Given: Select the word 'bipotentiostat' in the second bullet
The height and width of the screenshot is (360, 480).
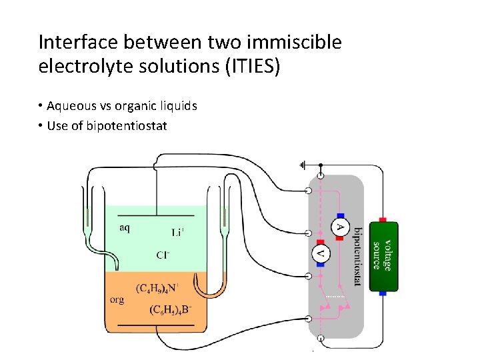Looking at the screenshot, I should tap(127, 125).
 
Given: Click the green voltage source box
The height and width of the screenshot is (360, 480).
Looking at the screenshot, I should tap(383, 256).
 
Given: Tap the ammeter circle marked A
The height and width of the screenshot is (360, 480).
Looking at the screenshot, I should tap(340, 228).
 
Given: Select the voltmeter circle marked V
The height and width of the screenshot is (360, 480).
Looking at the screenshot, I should tap(321, 253).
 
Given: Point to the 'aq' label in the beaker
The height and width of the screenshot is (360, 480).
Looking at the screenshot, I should tap(125, 228).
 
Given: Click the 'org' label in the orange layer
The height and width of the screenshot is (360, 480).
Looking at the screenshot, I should tap(117, 300).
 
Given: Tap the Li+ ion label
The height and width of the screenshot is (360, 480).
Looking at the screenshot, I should tap(178, 233).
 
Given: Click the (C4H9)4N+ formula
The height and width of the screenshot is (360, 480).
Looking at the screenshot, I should tap(157, 289).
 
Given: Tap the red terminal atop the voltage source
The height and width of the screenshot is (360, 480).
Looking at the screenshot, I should tap(383, 219).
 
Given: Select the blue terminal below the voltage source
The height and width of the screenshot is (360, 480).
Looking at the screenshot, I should tap(383, 293).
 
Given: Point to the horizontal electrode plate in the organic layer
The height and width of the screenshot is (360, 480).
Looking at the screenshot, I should tap(156, 325).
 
